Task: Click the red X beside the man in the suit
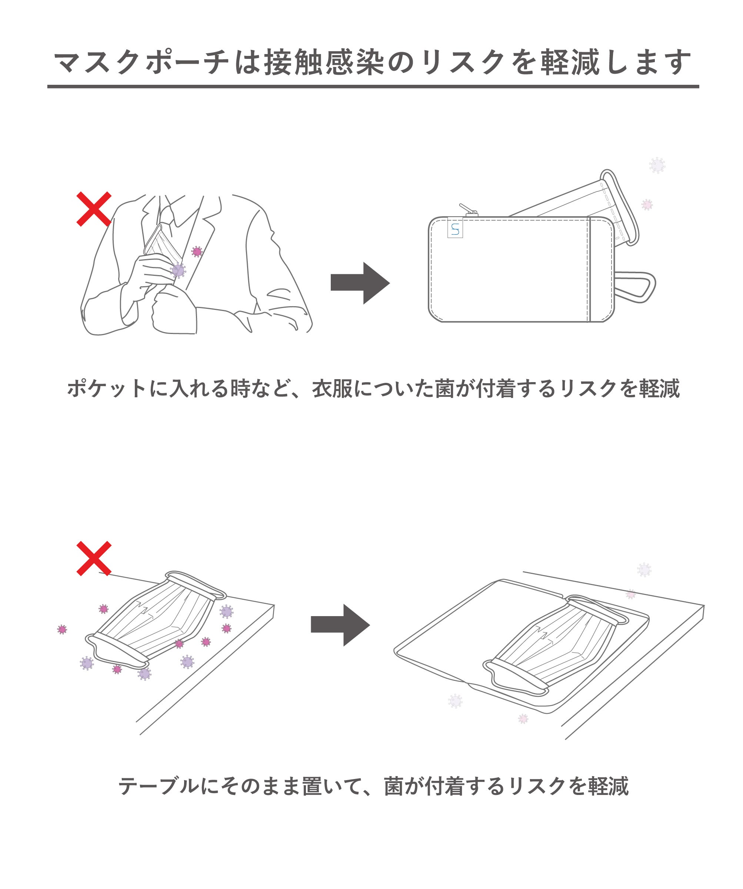click(x=94, y=209)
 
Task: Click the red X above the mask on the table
click(x=94, y=558)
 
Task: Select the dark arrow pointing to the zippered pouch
click(x=360, y=283)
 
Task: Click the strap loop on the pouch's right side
click(x=635, y=287)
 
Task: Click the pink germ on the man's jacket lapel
click(x=197, y=252)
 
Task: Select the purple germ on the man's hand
click(x=178, y=271)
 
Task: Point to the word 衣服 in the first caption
click(x=332, y=388)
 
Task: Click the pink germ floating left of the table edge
click(x=62, y=629)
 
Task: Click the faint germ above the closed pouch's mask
click(x=657, y=165)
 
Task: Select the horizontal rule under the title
click(x=373, y=86)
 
